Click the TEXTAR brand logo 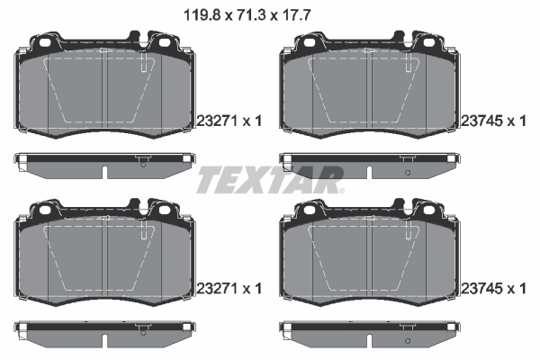[x=269, y=179]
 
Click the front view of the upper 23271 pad [x=106, y=90]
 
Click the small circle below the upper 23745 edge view [x=407, y=171]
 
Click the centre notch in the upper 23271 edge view [x=106, y=172]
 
